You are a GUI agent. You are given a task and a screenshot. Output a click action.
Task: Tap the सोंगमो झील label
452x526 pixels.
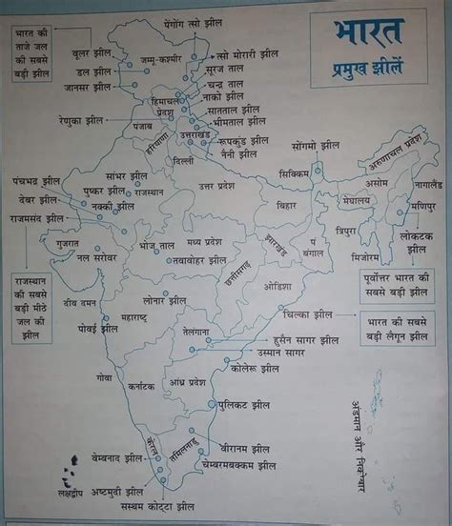[x=316, y=146]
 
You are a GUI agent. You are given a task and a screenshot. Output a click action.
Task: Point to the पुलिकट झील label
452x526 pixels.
[x=244, y=405]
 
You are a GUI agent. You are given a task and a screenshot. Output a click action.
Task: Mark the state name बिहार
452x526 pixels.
[x=286, y=205]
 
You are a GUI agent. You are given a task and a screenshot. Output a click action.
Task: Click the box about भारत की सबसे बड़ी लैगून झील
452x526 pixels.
[x=398, y=332]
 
